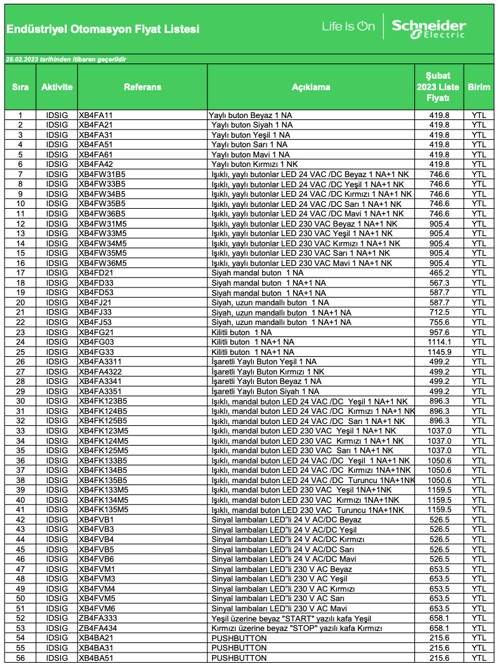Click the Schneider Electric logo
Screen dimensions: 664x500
pyautogui.click(x=428, y=28)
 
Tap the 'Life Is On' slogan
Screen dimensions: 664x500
pyautogui.click(x=348, y=27)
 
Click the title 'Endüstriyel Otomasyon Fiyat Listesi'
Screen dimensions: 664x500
pyautogui.click(x=102, y=29)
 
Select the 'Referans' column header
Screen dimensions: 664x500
pyautogui.click(x=142, y=87)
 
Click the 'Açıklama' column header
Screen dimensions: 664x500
pyautogui.click(x=311, y=87)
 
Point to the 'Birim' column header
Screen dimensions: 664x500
pyautogui.click(x=479, y=87)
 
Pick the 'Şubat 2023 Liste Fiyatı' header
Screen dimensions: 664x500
pyautogui.click(x=439, y=87)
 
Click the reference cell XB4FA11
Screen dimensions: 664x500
pyautogui.click(x=96, y=116)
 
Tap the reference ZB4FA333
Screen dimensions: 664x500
pyautogui.click(x=98, y=618)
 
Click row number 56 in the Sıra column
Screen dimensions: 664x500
pyautogui.click(x=20, y=658)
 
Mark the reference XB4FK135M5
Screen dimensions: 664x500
pyautogui.click(x=103, y=509)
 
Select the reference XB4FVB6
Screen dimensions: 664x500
pyautogui.click(x=96, y=559)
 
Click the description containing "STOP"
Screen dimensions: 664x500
pyautogui.click(x=297, y=628)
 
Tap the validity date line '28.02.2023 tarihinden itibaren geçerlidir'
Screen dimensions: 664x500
pyautogui.click(x=66, y=59)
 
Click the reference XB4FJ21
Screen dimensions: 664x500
pyautogui.click(x=95, y=303)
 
